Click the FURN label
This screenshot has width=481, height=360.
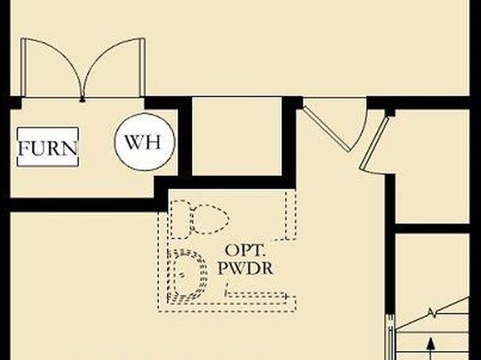pos(48,149)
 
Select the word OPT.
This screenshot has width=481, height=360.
pos(245,251)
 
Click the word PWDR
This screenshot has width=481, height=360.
pos(245,268)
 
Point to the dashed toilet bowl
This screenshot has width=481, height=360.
pos(210,219)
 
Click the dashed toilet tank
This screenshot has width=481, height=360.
pos(181,219)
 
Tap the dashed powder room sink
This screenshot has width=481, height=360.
pos(187,275)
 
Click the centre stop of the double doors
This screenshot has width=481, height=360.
pos(82,99)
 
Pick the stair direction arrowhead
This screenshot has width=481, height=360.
pos(431,343)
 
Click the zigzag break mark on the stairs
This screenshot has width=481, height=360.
pos(432,313)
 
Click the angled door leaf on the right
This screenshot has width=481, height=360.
pos(374,143)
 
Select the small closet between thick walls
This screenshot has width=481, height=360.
pos(236,136)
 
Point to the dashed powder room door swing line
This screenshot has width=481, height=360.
pos(256,295)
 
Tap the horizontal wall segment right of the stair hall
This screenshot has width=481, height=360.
pos(432,228)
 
